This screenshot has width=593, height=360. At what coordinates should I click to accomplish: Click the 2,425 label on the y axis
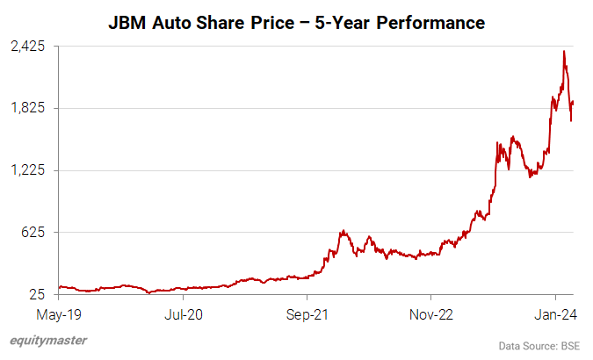pyautogui.click(x=28, y=47)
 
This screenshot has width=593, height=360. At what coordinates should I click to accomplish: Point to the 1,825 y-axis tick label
pyautogui.click(x=28, y=108)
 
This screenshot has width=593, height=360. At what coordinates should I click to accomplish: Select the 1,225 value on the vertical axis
pyautogui.click(x=28, y=170)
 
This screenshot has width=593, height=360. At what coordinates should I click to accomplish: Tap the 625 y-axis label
pyautogui.click(x=35, y=233)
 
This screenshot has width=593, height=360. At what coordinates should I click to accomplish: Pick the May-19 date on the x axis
pyautogui.click(x=59, y=312)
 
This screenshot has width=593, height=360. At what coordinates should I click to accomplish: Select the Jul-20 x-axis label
pyautogui.click(x=183, y=312)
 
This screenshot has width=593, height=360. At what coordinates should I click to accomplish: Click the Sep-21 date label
pyautogui.click(x=307, y=312)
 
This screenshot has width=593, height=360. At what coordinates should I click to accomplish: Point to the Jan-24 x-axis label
pyautogui.click(x=555, y=312)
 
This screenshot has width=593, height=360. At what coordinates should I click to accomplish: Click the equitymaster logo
pyautogui.click(x=48, y=342)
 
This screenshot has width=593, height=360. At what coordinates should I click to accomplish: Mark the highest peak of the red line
pyautogui.click(x=563, y=51)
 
